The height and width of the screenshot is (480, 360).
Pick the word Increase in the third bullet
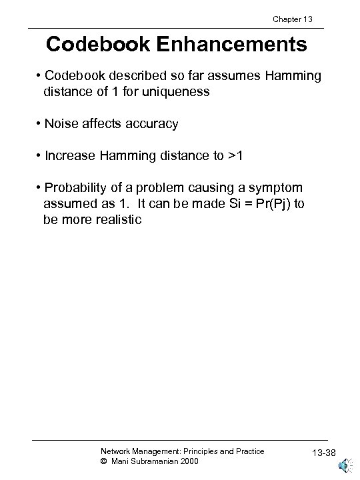[x=71, y=155]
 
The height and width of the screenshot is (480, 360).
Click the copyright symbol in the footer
[x=103, y=461]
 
